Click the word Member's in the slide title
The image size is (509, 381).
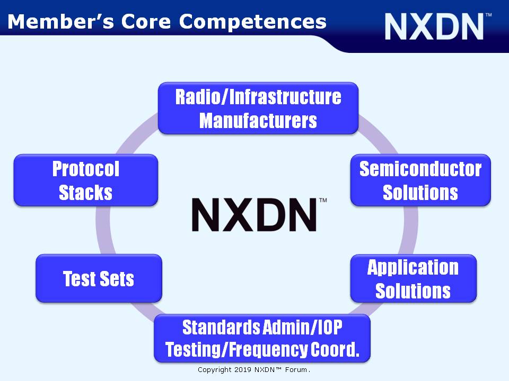click(60, 21)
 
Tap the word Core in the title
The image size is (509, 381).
click(146, 21)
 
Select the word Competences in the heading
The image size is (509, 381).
click(252, 22)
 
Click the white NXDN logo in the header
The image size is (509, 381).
click(434, 26)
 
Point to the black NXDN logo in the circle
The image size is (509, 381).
click(254, 214)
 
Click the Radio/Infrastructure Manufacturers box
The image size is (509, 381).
click(258, 108)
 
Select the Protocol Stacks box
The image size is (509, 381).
click(86, 180)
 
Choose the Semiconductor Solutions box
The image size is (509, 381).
click(420, 180)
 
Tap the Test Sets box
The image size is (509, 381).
click(99, 278)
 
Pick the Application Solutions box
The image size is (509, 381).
click(413, 278)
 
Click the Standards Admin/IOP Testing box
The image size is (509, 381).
click(262, 338)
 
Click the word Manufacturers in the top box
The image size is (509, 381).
click(258, 121)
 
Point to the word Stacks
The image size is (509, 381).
click(86, 193)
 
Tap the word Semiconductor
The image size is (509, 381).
click(420, 169)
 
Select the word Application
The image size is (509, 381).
click(413, 267)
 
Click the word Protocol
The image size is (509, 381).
click(86, 169)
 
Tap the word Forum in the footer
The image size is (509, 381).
click(296, 370)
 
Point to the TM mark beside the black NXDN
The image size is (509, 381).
click(323, 200)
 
